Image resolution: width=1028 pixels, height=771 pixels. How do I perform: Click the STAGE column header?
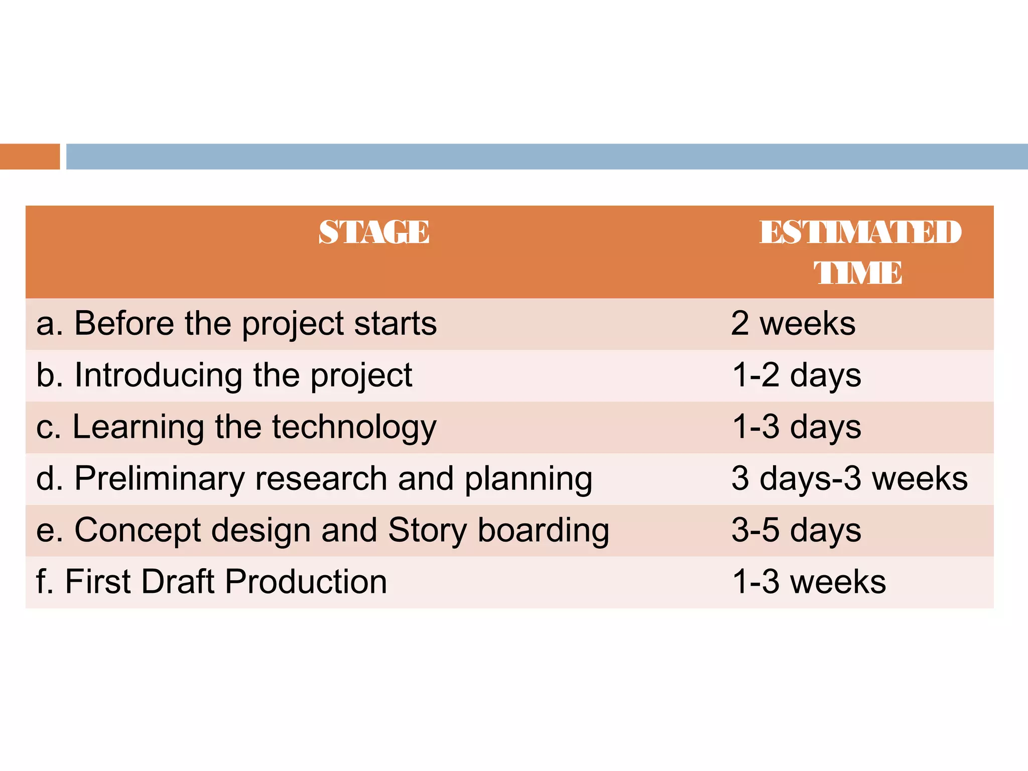coord(374,232)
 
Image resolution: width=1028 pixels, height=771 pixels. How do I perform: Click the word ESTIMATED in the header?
coord(860,232)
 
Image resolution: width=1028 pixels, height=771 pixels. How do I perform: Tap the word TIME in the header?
coord(858,273)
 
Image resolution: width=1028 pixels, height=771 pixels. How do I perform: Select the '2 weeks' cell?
coord(793,323)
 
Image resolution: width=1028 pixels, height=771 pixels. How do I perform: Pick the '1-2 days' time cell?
coord(797,375)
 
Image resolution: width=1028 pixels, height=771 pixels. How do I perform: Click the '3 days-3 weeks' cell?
coord(849,478)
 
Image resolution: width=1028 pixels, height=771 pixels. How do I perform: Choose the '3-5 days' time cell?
coord(796,530)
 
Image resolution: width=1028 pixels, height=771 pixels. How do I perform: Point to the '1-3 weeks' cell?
coord(809,582)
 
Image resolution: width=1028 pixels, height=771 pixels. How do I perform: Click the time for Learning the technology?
coord(797,427)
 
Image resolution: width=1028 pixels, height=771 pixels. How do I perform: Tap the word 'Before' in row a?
coord(124,323)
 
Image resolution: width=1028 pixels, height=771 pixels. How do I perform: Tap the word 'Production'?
coord(306,582)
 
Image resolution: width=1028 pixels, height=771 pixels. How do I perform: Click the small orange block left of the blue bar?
coord(30,157)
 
